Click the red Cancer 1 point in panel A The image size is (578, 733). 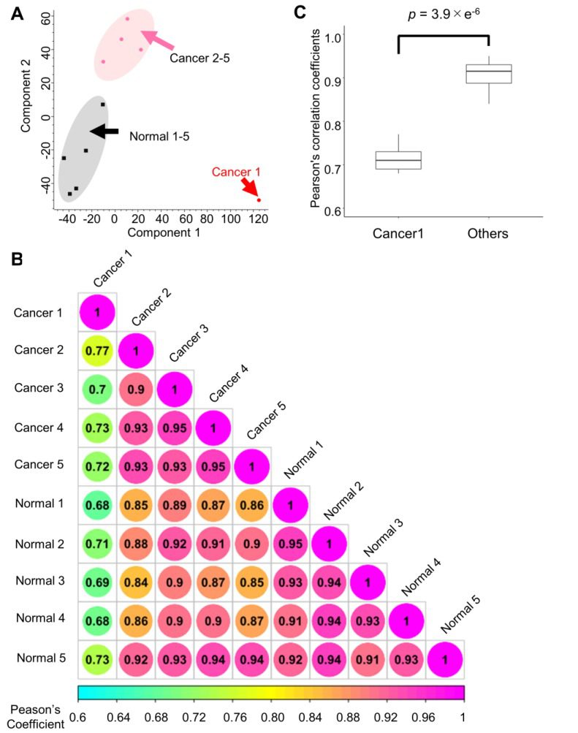(259, 200)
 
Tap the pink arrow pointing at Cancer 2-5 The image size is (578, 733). (157, 41)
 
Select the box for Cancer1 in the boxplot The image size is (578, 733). (398, 160)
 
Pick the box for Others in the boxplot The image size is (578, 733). (489, 74)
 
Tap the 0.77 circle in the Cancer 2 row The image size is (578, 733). (97, 350)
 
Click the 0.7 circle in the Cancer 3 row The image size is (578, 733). (97, 390)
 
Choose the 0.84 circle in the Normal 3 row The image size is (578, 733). (136, 581)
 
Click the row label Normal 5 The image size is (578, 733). (40, 658)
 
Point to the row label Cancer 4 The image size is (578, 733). (40, 428)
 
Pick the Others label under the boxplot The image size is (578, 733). (488, 234)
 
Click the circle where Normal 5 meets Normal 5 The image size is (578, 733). (444, 658)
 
